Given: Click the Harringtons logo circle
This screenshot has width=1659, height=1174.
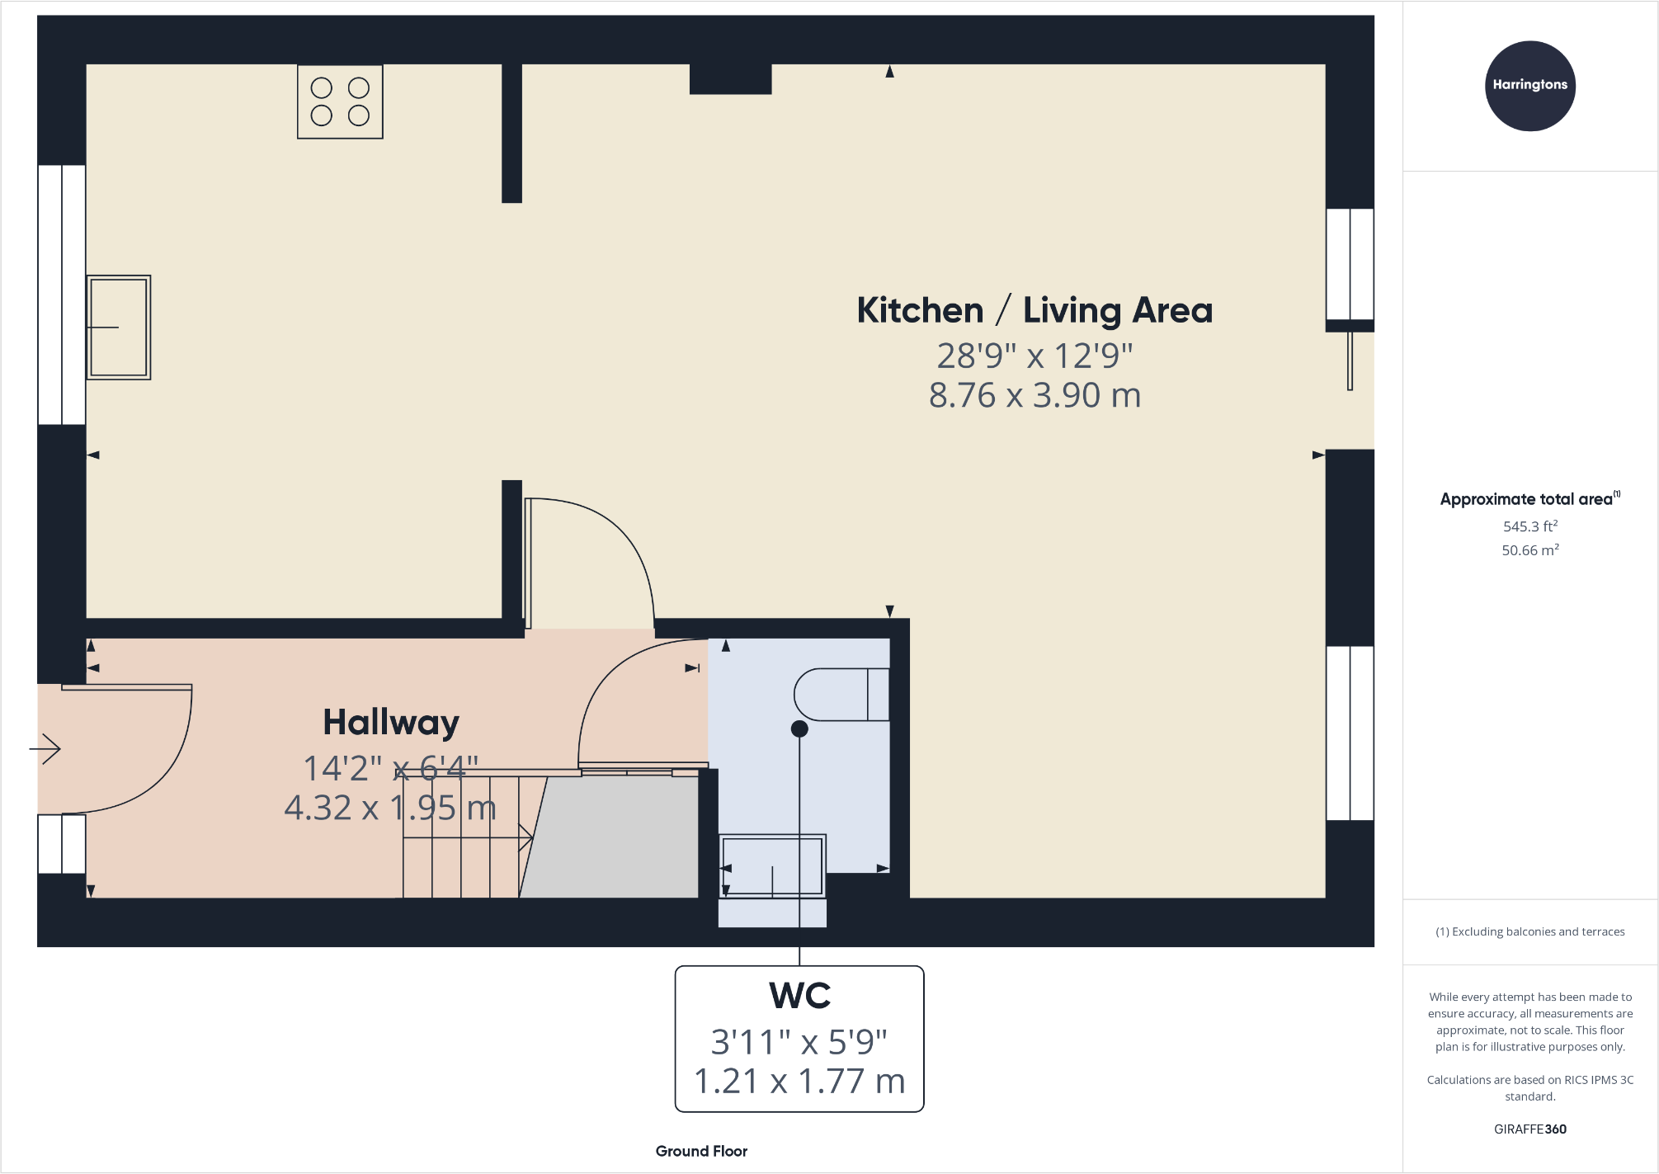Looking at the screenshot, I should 1529,86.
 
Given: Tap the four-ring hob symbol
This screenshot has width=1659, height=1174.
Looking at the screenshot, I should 340,101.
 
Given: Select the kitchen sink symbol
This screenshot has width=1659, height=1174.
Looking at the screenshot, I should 119,328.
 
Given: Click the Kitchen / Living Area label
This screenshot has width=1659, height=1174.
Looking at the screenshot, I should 1035,311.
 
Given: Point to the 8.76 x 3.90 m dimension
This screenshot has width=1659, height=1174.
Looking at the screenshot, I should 1035,395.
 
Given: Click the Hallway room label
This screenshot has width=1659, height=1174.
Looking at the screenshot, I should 390,723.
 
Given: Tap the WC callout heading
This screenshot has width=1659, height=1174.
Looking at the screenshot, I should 799,996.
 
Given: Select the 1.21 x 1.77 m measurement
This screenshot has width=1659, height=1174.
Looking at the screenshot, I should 799,1082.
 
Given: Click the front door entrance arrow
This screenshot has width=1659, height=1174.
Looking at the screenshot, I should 45,749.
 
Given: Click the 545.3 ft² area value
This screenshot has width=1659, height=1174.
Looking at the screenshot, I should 1529,526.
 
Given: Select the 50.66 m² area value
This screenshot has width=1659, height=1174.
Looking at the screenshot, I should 1529,550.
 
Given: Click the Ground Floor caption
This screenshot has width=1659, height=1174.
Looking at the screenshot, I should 701,1151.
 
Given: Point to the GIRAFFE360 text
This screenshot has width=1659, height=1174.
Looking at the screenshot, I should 1529,1129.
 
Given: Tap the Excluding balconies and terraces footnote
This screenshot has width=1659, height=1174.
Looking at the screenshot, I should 1529,931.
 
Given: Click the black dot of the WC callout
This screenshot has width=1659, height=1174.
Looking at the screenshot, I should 799,728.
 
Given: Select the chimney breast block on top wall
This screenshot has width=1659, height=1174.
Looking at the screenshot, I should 730,79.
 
